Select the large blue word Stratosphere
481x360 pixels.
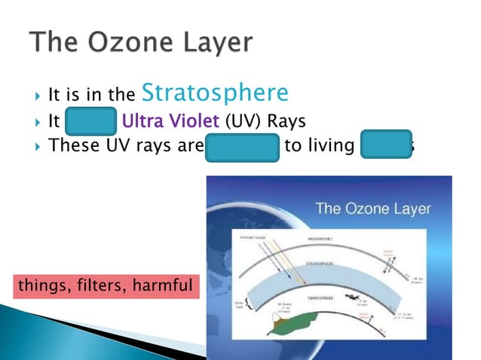click(x=215, y=93)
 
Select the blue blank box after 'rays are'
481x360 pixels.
click(x=242, y=145)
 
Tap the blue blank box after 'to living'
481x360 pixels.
click(x=385, y=145)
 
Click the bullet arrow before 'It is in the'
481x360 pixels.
click(x=38, y=96)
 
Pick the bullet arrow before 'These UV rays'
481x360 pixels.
click(x=38, y=145)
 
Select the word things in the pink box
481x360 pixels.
click(x=43, y=285)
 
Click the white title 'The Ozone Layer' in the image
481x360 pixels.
click(x=372, y=209)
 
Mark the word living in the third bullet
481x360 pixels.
click(x=326, y=145)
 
